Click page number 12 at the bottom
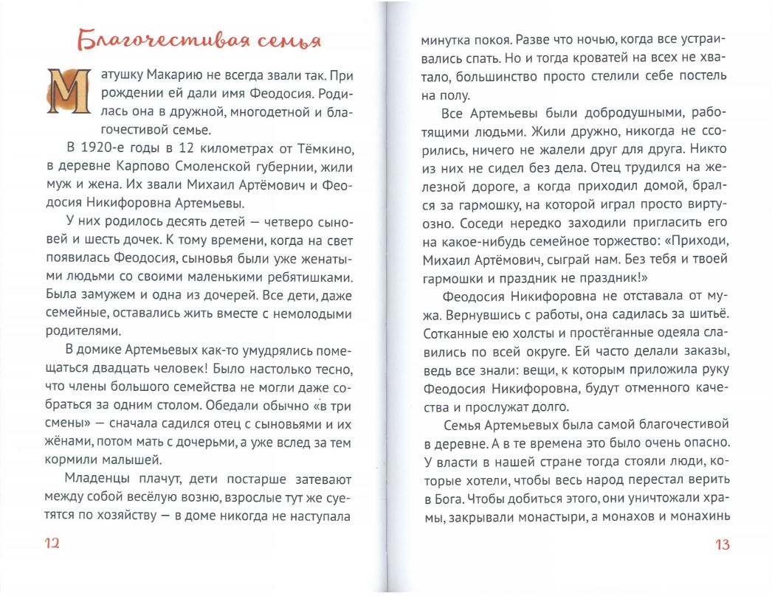tap(52, 544)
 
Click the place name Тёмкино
tap(321, 148)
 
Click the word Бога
tap(449, 499)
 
